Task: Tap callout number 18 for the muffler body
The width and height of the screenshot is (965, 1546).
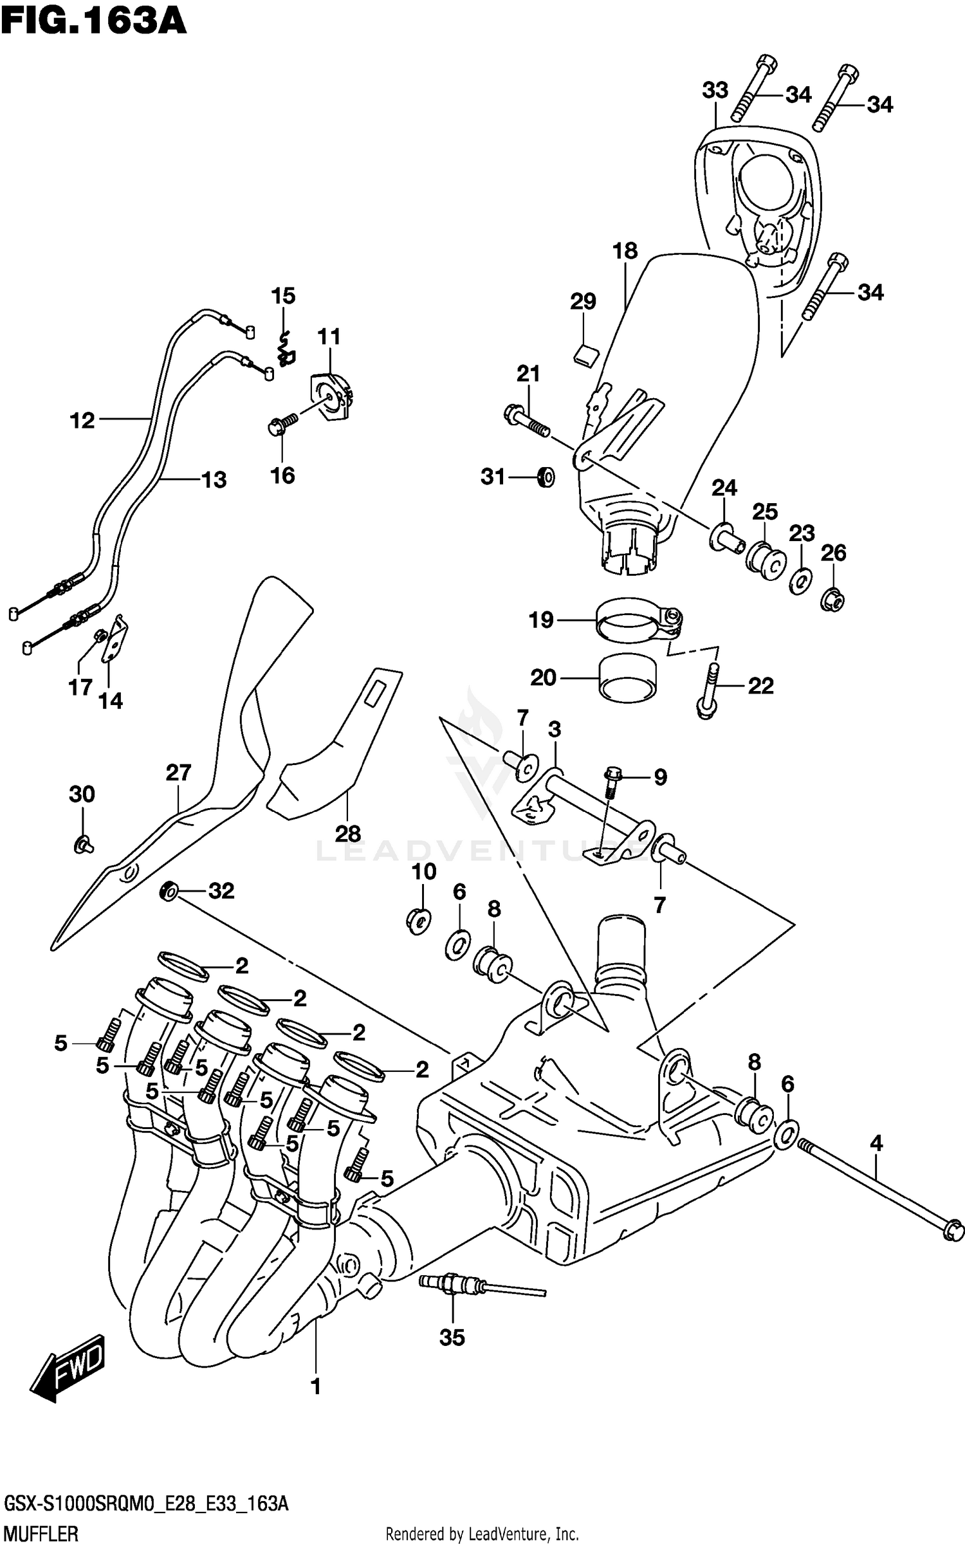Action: click(x=624, y=251)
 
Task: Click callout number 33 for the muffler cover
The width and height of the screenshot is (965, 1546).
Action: click(x=715, y=91)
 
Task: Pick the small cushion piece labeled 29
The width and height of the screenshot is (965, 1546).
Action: click(x=585, y=354)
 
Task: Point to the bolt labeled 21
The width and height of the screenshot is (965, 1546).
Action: click(x=526, y=419)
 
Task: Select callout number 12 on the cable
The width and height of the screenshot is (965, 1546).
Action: click(x=82, y=421)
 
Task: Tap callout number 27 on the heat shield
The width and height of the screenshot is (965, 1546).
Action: click(x=178, y=772)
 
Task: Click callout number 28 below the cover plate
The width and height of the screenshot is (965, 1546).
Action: click(x=347, y=834)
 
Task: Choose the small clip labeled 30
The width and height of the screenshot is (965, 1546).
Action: click(x=82, y=844)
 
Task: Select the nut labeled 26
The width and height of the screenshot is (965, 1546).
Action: click(x=832, y=599)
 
